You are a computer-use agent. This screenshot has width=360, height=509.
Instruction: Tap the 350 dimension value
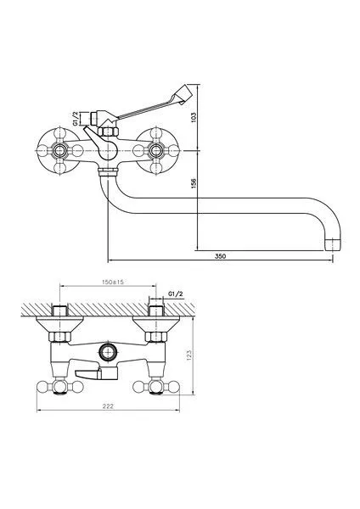pos(219,255)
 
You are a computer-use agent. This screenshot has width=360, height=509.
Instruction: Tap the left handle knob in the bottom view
pos(56,388)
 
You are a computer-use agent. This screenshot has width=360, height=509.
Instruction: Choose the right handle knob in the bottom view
pos(159,388)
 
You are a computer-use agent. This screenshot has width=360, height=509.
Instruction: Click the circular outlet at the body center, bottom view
pos(107,350)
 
